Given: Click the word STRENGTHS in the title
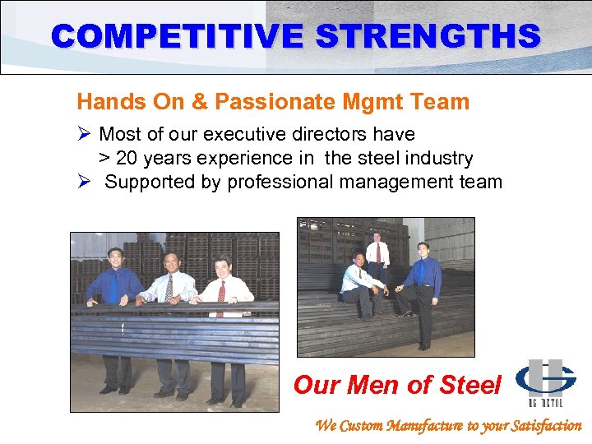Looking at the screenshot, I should pyautogui.click(x=415, y=36).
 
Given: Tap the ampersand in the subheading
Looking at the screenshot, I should pyautogui.click(x=201, y=102).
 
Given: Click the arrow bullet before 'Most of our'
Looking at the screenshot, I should pyautogui.click(x=83, y=134).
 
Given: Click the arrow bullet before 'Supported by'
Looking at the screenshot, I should pyautogui.click(x=83, y=182).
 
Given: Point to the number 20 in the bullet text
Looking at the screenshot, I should pyautogui.click(x=127, y=158).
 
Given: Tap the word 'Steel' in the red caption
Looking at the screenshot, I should pyautogui.click(x=469, y=384).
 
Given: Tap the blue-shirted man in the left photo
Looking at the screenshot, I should pyautogui.click(x=115, y=296).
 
